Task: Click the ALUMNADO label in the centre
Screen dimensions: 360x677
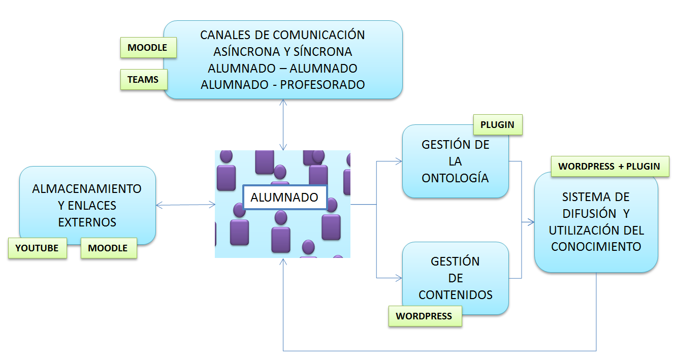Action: tap(284, 198)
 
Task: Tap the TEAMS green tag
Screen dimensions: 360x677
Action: tap(143, 80)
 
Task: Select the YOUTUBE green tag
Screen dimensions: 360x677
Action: tap(37, 248)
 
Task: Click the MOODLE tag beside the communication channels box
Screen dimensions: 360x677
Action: tap(147, 48)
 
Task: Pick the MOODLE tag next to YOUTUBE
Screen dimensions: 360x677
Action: tap(108, 248)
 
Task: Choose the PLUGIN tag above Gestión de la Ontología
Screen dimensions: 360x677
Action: tap(497, 124)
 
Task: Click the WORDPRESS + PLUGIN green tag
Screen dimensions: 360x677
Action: tap(609, 166)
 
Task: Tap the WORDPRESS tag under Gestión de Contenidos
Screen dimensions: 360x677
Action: tap(424, 316)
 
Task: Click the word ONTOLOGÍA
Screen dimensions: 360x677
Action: tap(456, 178)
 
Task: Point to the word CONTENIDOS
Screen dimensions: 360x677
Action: tap(456, 295)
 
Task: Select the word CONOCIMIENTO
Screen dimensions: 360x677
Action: tap(596, 247)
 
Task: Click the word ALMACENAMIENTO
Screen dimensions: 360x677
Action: tap(87, 189)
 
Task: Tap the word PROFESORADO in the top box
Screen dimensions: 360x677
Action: tap(323, 85)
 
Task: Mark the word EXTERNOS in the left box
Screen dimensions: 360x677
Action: tap(87, 222)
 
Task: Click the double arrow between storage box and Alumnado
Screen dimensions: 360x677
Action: tap(185, 205)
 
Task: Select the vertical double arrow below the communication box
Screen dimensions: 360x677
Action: tap(283, 124)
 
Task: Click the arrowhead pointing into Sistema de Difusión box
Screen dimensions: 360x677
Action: tap(531, 222)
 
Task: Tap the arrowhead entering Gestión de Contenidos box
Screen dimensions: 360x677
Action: tap(399, 278)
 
